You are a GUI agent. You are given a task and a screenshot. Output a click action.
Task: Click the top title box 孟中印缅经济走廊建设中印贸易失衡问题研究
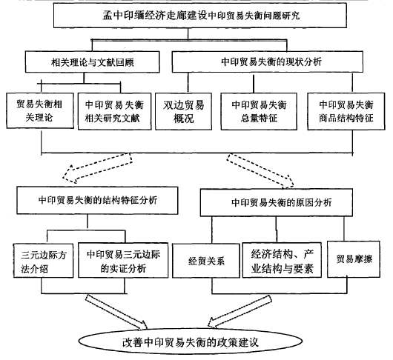point(200,16)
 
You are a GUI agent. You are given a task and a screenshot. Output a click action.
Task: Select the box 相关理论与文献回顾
point(92,62)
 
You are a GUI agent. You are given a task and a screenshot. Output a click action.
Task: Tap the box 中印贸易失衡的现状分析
point(268,61)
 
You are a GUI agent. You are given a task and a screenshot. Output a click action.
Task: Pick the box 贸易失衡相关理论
point(40,110)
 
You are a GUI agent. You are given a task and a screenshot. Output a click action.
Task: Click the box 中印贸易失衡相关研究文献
point(114,111)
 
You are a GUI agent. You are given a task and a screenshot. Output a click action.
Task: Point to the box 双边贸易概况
point(183,111)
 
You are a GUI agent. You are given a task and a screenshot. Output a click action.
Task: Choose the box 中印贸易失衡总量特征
point(259,111)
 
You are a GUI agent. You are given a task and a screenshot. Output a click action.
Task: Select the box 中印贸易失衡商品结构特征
point(346,111)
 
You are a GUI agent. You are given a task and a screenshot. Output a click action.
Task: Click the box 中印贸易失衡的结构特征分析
point(97,200)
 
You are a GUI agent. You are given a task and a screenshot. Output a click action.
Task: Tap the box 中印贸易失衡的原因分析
point(277,202)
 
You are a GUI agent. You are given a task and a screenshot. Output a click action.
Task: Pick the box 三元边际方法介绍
point(43,261)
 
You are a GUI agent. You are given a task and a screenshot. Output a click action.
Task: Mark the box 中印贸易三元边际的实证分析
point(123,260)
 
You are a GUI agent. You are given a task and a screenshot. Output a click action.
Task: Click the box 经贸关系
point(206,261)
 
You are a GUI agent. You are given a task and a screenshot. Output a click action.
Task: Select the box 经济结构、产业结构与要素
point(282,260)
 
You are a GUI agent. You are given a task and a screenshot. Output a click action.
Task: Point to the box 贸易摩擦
point(354,259)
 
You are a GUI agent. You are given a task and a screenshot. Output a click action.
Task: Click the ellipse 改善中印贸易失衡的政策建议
point(191,341)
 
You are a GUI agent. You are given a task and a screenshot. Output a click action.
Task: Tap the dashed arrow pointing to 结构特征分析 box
point(97,167)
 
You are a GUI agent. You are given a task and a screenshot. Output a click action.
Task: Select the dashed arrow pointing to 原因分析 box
point(260,170)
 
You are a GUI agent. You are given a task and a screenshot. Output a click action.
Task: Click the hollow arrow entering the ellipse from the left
point(116,312)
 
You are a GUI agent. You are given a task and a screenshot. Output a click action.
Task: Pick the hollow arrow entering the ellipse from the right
point(240,311)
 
